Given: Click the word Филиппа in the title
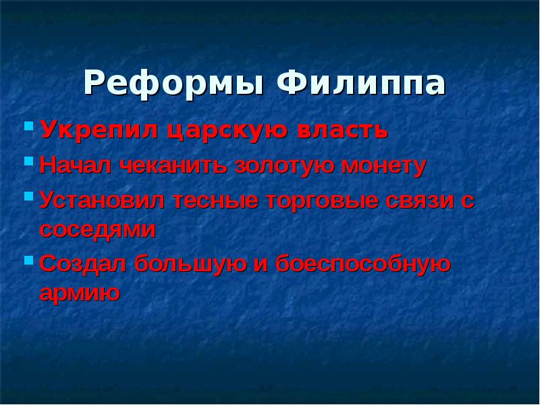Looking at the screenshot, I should click(361, 84).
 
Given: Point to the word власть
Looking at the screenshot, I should click(342, 129).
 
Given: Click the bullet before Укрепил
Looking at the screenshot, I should click(28, 126).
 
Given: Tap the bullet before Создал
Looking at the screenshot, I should click(28, 260).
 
